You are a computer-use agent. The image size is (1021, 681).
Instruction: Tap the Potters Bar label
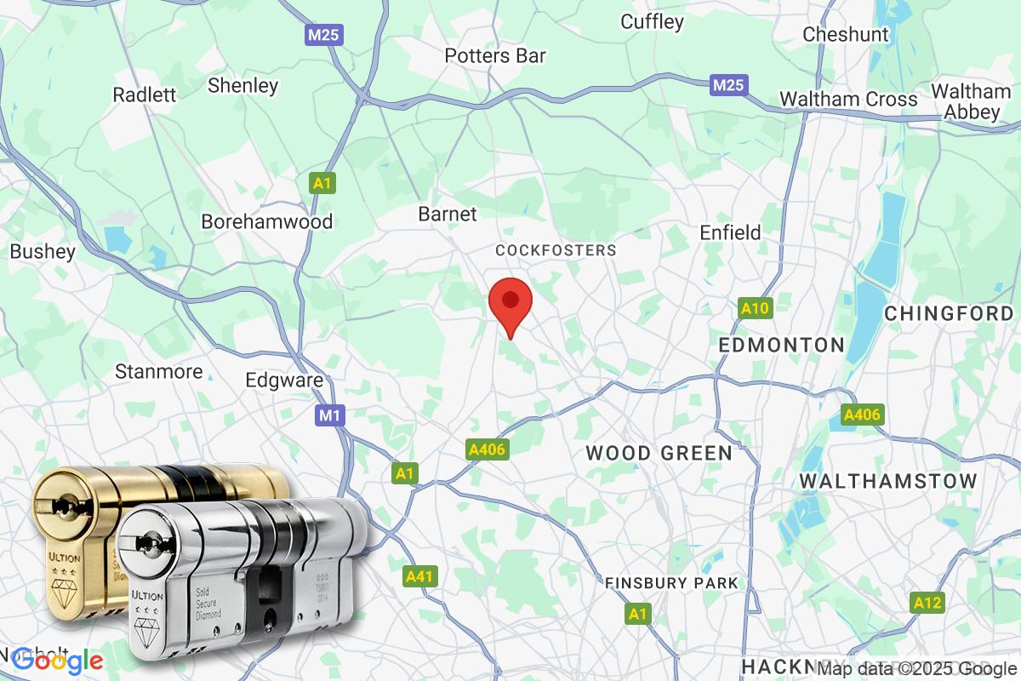pos(495,56)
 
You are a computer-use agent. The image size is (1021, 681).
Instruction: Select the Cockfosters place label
pos(556,250)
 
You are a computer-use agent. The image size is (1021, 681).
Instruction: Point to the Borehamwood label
pos(266,222)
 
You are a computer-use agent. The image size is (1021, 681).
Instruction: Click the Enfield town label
pos(730,232)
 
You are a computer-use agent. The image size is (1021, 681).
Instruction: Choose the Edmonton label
pos(781,345)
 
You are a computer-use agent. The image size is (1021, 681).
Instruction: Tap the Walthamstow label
pos(888,481)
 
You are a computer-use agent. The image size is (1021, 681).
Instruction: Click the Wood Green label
pos(659,453)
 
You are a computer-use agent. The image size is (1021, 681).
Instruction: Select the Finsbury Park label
pos(671,583)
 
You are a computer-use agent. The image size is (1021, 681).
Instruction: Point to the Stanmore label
pos(159,372)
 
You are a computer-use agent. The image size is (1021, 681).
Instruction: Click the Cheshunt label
pos(846,35)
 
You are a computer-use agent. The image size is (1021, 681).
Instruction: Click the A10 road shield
pos(755,309)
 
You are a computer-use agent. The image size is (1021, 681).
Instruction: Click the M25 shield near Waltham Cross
pos(728,85)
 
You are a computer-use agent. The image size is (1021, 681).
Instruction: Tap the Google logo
pos(58,661)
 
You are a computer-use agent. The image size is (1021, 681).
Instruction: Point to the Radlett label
pos(145,94)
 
